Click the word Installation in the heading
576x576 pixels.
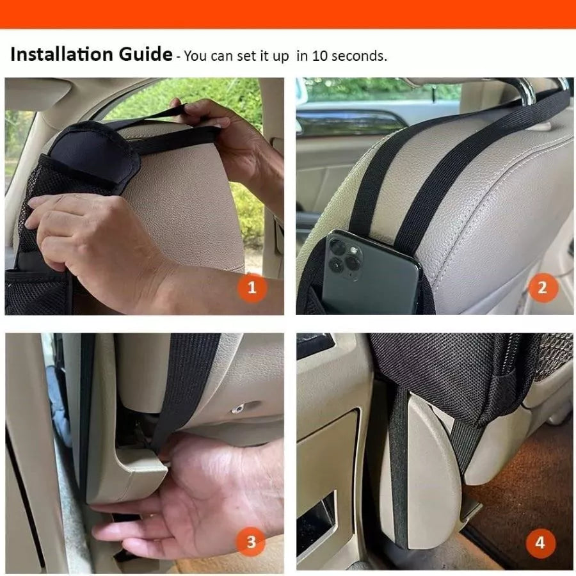[58, 54]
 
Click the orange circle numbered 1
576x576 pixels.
[252, 287]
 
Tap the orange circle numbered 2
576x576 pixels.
[543, 287]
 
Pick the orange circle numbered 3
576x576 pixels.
[252, 543]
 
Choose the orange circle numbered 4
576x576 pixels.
[541, 543]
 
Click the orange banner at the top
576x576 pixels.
[288, 13]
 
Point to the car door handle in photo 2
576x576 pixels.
[352, 122]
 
